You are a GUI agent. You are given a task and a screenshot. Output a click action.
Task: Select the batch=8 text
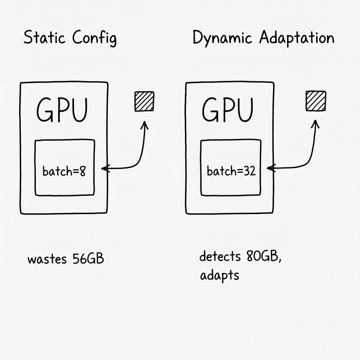(x=64, y=172)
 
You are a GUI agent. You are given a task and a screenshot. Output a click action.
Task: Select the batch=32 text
(x=231, y=172)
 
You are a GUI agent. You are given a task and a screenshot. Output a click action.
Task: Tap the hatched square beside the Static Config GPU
(x=144, y=101)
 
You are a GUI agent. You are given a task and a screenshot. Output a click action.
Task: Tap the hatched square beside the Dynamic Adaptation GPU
(x=316, y=101)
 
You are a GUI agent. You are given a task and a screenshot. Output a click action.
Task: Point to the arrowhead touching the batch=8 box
(x=104, y=169)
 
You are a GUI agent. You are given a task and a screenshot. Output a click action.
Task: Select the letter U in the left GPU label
(x=78, y=110)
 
